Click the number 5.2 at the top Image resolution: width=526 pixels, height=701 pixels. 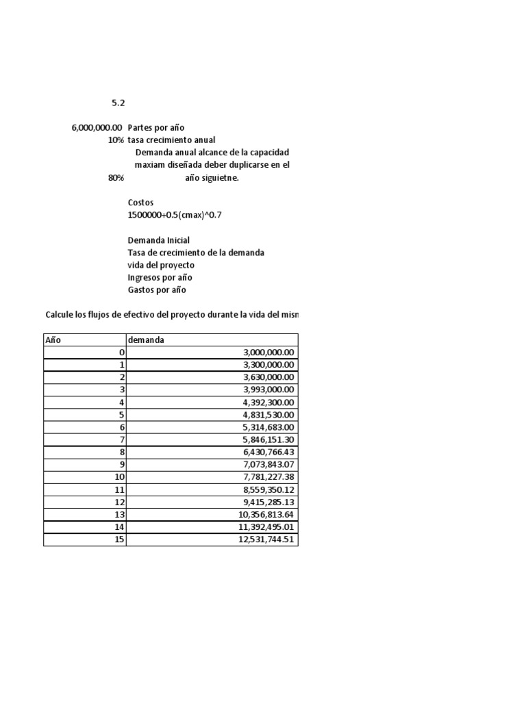pos(118,103)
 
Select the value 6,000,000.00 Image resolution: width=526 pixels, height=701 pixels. pos(97,127)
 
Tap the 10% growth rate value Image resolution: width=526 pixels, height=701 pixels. pos(116,140)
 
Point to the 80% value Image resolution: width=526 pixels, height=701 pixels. pos(116,177)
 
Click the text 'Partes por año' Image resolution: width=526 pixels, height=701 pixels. pos(156,127)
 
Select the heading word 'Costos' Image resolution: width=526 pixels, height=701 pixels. pos(141,203)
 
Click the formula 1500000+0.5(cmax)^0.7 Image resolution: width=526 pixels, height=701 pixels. pos(175,215)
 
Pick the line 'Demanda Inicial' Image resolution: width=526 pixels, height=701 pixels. pos(159,240)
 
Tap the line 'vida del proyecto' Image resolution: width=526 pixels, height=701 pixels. pos(161,265)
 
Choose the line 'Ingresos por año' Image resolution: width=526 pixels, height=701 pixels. pos(160,277)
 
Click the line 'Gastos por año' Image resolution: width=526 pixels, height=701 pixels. pos(157,290)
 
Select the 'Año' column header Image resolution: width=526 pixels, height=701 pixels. pos(53,340)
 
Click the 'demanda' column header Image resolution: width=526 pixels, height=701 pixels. pos(146,340)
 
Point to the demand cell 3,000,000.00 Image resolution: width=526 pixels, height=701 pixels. pos(268,352)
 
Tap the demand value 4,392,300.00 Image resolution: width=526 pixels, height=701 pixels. pos(268,402)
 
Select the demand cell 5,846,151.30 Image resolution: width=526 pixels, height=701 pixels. pos(268,439)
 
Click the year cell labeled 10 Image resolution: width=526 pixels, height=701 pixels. pos(119,476)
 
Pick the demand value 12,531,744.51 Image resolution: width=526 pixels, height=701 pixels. pos(266,539)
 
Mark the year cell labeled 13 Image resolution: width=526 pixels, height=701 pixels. pos(119,514)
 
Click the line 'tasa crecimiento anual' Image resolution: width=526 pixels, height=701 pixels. pos(171,140)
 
